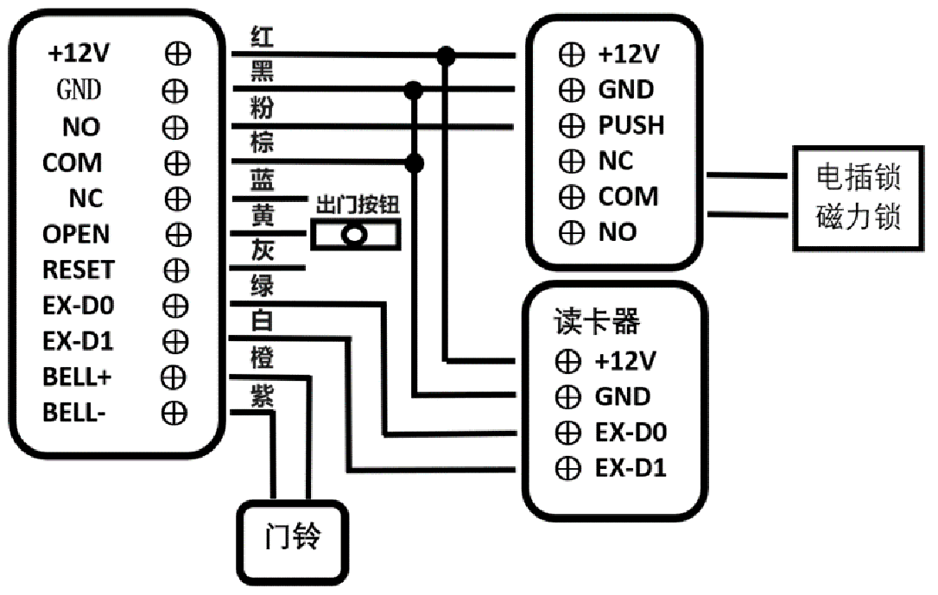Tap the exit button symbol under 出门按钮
point(355,234)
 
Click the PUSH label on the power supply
point(631,125)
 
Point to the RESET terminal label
point(79,269)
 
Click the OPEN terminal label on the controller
point(76,234)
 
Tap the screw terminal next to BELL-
point(174,413)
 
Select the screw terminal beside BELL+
point(174,377)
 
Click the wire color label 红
point(262,37)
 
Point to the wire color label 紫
point(262,396)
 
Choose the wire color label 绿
point(262,286)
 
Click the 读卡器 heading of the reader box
point(597,322)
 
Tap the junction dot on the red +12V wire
point(446,56)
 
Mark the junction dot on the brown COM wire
point(415,162)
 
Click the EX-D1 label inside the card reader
point(631,468)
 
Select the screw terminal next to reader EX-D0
point(567,433)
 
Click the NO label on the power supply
point(618,232)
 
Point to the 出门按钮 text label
point(357,206)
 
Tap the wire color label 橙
point(262,358)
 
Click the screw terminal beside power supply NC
point(571,161)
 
